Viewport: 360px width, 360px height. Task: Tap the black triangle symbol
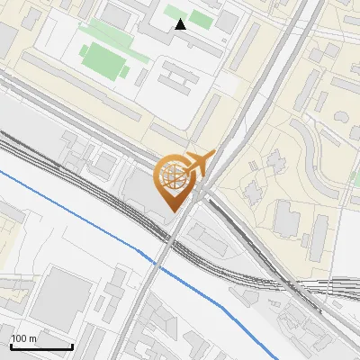181,23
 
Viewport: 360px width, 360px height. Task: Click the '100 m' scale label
24,338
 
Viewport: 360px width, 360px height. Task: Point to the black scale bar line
41,346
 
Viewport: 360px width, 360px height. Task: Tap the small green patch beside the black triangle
201,18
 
